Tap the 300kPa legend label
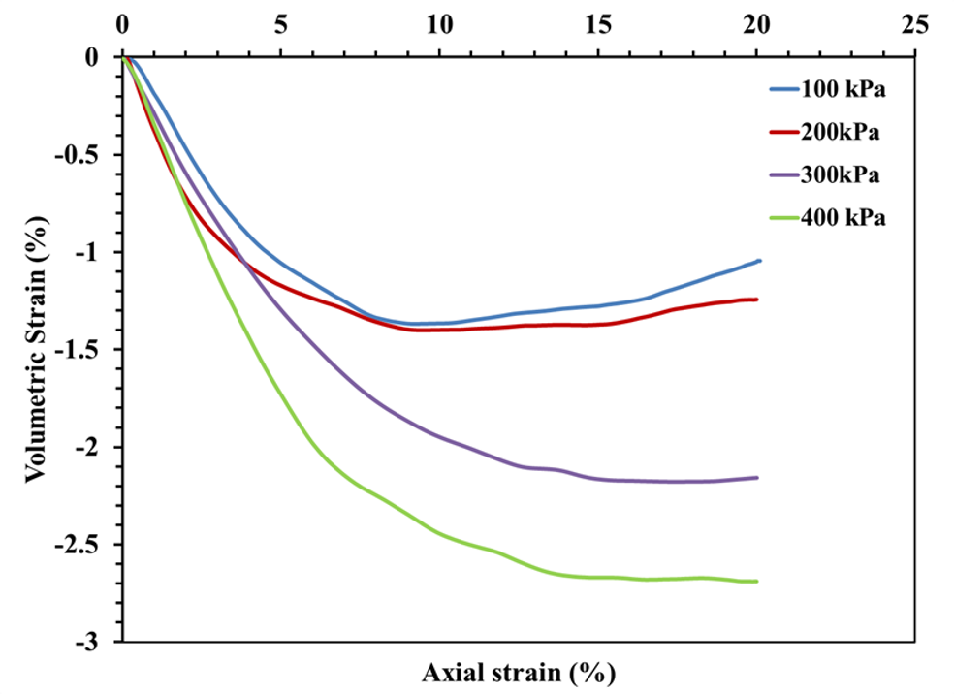tap(841, 174)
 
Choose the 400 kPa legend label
tap(844, 217)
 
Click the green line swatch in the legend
tap(782, 217)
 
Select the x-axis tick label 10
tap(439, 22)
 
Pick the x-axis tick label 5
tap(281, 22)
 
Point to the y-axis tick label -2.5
tap(90, 545)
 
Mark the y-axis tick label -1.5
tap(90, 350)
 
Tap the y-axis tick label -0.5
tap(90, 155)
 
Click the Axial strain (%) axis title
tap(519, 671)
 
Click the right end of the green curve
tap(757, 581)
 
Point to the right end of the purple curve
tap(757, 477)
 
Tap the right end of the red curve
tap(757, 300)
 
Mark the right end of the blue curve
tap(760, 260)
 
